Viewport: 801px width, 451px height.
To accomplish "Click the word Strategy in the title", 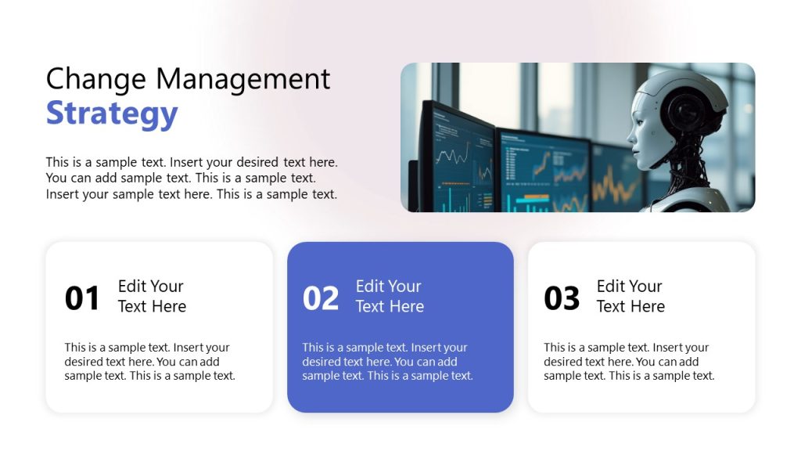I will click(x=112, y=114).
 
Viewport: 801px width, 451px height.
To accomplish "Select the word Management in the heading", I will click(x=242, y=79).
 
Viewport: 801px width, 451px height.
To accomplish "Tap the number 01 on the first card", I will click(x=82, y=298).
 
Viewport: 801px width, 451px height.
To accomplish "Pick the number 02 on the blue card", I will click(x=321, y=298).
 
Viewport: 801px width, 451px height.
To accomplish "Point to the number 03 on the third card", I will click(x=562, y=298).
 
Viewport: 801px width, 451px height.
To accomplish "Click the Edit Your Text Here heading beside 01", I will click(x=152, y=296).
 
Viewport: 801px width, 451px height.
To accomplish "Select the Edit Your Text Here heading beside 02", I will click(x=390, y=296).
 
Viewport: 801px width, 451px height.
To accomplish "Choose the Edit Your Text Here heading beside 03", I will click(x=630, y=296).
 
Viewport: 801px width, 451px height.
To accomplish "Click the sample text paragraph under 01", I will click(x=150, y=362).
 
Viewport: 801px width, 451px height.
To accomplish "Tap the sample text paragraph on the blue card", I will click(x=388, y=362).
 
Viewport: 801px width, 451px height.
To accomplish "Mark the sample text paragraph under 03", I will click(x=629, y=362).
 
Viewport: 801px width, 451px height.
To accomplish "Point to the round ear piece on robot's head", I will click(x=691, y=110).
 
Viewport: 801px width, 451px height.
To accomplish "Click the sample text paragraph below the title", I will click(x=192, y=179).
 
